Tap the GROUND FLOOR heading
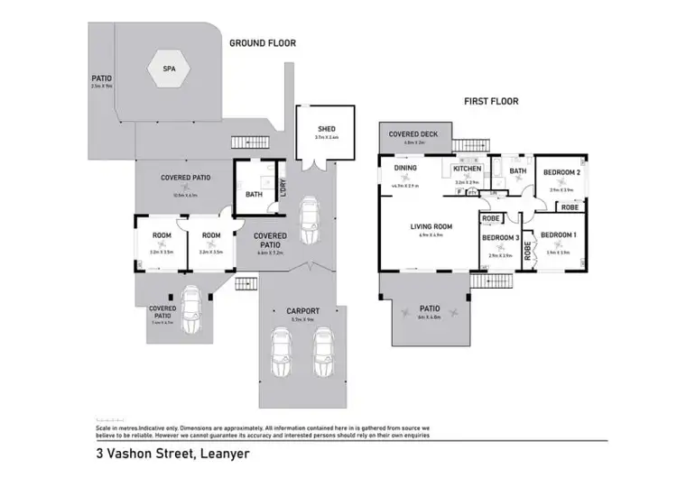coord(262,42)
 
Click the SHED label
coord(326,130)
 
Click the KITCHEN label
coord(468,169)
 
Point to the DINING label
coord(403,168)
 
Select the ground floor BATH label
coord(254,193)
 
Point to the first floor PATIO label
coord(430,308)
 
